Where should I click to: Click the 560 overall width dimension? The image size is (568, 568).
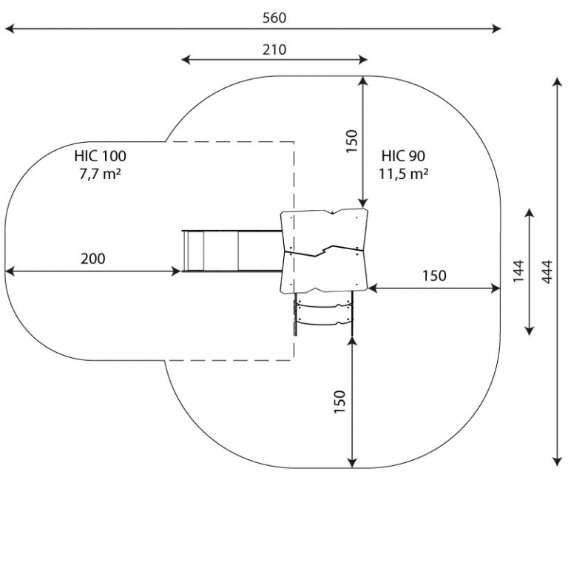pos(274,18)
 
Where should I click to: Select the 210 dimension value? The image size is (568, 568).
pos(274,50)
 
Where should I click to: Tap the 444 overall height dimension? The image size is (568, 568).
pos(547,271)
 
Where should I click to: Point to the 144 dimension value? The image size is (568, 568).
pos(518,271)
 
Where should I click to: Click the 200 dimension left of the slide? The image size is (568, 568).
pos(92,259)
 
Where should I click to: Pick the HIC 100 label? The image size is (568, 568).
pos(101,156)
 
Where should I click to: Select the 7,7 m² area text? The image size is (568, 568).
pos(100,174)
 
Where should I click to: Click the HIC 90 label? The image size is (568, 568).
pos(403,156)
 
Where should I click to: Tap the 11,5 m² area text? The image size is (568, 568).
pos(404,174)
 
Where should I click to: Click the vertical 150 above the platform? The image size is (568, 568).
pos(351,141)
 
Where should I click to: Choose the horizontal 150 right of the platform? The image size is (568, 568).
pos(434,276)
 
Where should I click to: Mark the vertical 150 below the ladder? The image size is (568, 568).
pos(339,402)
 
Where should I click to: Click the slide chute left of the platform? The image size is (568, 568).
pos(231,251)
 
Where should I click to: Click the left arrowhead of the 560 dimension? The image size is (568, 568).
pos(10,29)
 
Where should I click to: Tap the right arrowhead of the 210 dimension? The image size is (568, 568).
pos(363,60)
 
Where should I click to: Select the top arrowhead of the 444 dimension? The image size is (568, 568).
pos(557,82)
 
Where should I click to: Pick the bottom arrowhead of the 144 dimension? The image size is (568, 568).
pos(530,331)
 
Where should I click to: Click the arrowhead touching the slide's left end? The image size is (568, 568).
pos(176,271)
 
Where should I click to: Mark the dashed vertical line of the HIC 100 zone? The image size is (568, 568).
pos(294,251)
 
